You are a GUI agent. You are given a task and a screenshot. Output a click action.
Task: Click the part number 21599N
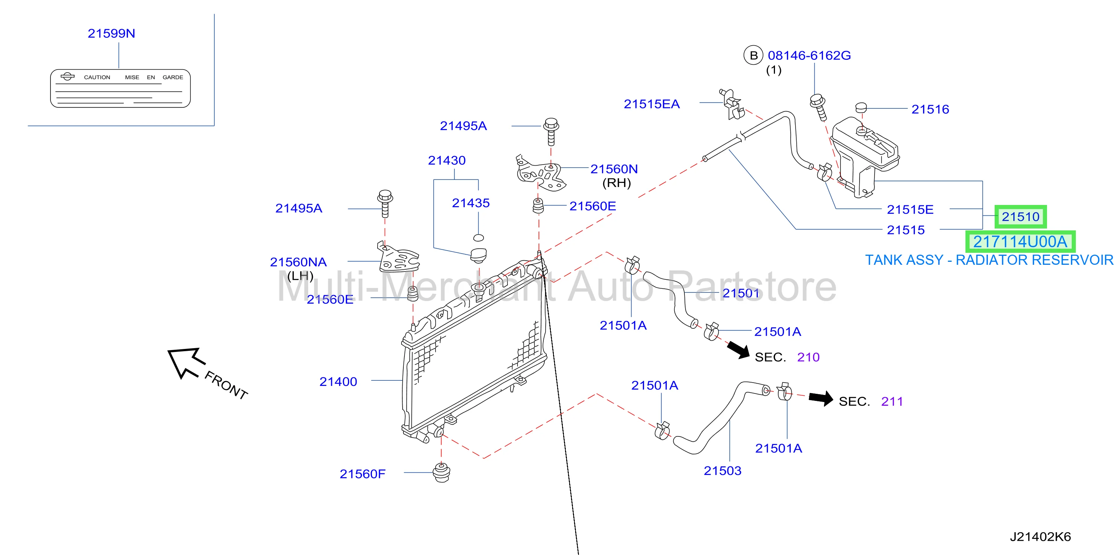[x=111, y=33]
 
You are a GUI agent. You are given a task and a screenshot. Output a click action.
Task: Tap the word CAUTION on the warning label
[x=97, y=77]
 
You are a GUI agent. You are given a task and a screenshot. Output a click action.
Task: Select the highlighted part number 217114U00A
[x=1020, y=242]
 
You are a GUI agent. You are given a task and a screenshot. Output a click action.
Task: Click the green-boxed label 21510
[x=1020, y=217]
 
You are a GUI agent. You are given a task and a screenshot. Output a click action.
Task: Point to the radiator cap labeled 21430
[x=478, y=255]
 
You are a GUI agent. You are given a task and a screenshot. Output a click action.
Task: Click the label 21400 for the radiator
[x=338, y=382]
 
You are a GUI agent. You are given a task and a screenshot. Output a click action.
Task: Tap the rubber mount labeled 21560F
[x=442, y=472]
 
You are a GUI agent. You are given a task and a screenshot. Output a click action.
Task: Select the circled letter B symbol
[x=753, y=55]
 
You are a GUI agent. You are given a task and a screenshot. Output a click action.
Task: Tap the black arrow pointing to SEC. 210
[x=739, y=349]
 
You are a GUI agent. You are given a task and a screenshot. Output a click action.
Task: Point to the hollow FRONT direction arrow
[x=184, y=362]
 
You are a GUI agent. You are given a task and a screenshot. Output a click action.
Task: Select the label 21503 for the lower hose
[x=722, y=471]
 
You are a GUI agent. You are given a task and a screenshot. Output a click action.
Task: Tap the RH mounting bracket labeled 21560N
[x=541, y=173]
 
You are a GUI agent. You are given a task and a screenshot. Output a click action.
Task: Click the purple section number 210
[x=808, y=357]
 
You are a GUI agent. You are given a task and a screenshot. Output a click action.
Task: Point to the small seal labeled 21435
[x=478, y=237]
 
